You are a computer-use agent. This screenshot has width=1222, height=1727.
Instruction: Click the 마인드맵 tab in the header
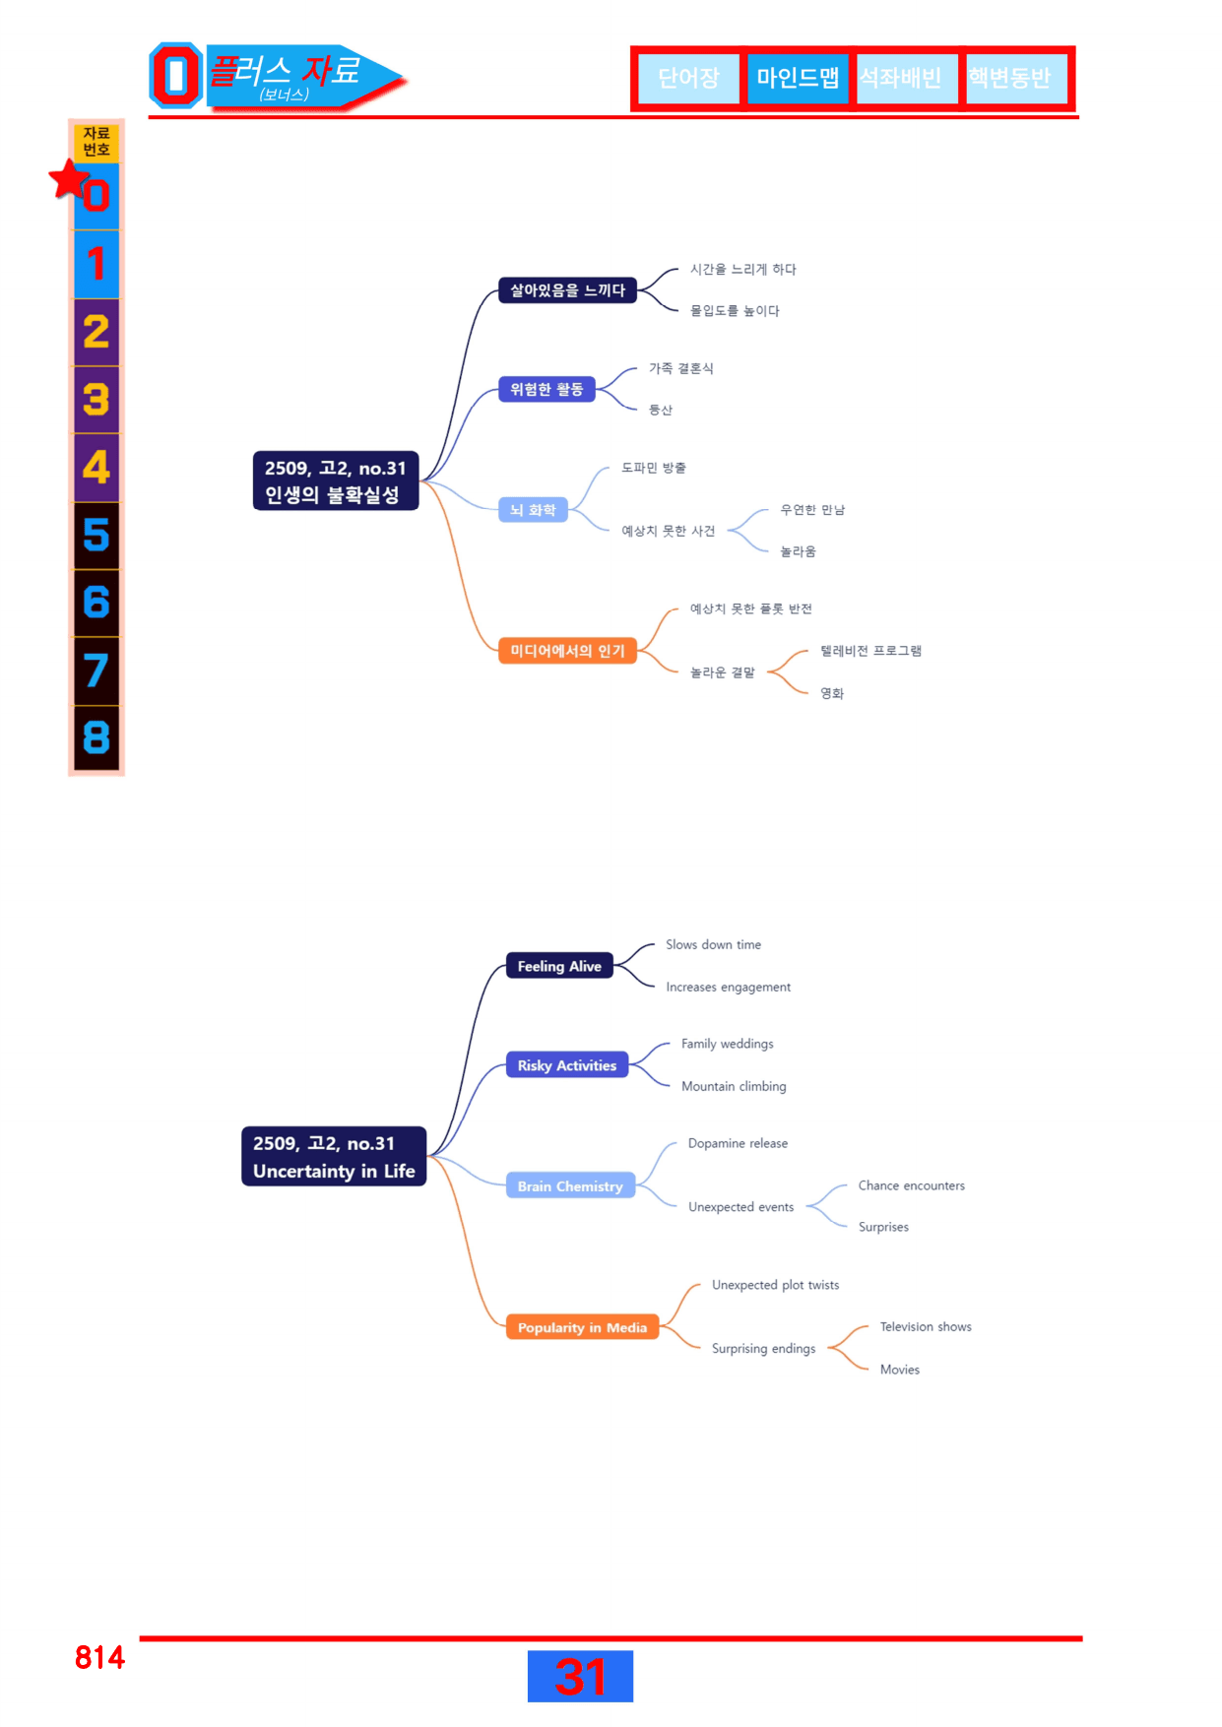[798, 78]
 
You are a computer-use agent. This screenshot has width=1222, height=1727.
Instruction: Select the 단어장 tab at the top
[688, 78]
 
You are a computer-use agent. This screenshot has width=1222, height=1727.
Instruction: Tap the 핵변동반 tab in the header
[1010, 78]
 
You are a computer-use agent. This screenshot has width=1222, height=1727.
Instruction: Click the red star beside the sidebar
[69, 179]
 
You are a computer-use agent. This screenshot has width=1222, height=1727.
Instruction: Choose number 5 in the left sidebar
[96, 536]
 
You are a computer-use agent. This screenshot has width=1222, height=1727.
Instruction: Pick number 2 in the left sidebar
[96, 333]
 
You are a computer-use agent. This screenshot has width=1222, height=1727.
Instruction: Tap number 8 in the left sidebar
[96, 737]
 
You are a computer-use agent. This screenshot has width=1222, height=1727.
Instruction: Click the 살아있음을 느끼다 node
[567, 290]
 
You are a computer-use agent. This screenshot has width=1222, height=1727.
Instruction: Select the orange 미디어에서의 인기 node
[567, 651]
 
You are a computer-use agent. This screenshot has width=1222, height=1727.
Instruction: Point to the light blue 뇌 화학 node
[533, 510]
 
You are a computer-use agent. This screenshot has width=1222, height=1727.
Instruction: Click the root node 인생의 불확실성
[336, 480]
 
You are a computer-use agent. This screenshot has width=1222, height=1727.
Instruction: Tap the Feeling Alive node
[559, 966]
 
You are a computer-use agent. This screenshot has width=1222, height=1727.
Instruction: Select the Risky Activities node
[567, 1065]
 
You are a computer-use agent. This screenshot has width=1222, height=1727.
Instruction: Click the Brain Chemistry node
[570, 1186]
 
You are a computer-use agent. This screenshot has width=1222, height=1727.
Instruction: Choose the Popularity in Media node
[582, 1327]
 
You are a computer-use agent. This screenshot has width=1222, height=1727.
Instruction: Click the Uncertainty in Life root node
[334, 1156]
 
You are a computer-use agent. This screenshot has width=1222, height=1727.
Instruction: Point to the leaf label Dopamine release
[738, 1143]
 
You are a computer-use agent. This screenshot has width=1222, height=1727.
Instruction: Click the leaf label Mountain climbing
[734, 1086]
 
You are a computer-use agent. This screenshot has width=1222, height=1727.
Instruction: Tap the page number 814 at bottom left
[99, 1657]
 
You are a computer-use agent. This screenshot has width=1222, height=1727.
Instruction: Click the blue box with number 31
[580, 1676]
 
